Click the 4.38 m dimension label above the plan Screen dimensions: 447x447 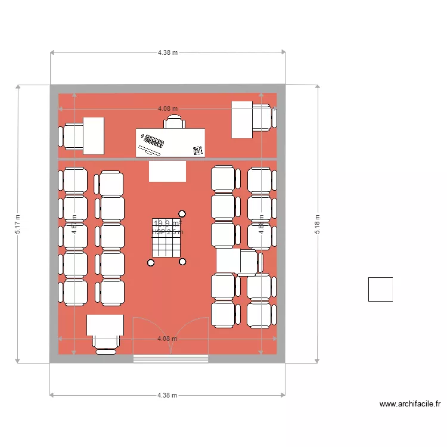(167, 52)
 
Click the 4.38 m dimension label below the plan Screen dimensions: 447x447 (167, 395)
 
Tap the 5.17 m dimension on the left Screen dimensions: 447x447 (18, 224)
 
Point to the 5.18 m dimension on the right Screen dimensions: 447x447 (317, 224)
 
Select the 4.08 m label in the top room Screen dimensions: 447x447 (167, 109)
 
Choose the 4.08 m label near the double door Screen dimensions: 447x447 (167, 339)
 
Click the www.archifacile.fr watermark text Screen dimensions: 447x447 (409, 404)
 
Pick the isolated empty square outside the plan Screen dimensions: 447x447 (380, 289)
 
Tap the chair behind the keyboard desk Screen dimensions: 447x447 (175, 122)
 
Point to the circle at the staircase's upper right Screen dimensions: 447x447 (182, 213)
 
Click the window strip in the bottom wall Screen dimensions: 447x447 (170, 359)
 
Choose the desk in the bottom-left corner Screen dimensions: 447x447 (105, 325)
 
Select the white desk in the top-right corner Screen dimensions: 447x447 (242, 119)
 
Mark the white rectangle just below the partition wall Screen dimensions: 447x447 (167, 171)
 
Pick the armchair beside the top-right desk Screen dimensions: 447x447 (263, 116)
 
